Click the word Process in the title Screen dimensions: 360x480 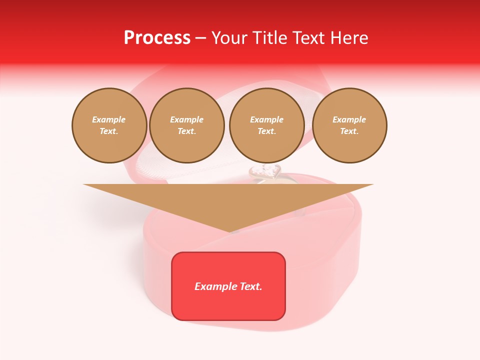coord(157,38)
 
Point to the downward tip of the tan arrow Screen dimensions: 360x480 coord(229,231)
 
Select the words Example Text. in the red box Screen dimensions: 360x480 coord(228,286)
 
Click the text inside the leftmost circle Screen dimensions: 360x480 coord(109,125)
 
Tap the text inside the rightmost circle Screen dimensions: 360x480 coord(349,125)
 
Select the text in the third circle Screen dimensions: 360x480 coord(266,125)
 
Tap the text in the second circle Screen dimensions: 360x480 coord(186,125)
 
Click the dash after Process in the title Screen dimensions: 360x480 coord(201,38)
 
